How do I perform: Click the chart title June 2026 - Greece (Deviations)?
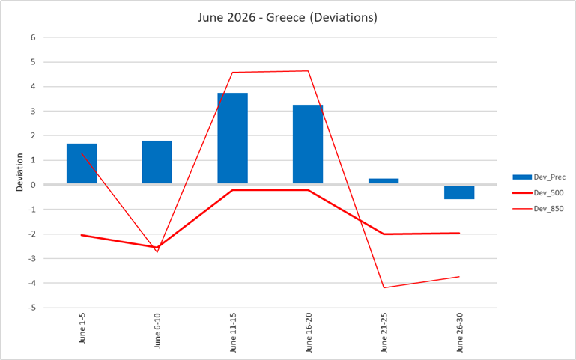click(x=288, y=18)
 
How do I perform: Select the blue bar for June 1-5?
click(x=82, y=164)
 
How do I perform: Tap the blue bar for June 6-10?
click(x=157, y=162)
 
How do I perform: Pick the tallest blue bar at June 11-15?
click(x=232, y=138)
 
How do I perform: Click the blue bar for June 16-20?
click(x=308, y=144)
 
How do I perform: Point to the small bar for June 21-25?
click(x=384, y=181)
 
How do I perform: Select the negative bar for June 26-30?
click(x=459, y=192)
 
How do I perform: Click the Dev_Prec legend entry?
click(x=539, y=177)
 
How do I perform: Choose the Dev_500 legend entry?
click(x=538, y=193)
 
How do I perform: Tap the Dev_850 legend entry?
click(x=538, y=209)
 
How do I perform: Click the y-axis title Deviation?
click(x=19, y=172)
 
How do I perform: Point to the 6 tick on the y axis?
click(x=33, y=37)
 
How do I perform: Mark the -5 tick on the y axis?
click(x=32, y=308)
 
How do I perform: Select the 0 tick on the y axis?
click(x=33, y=185)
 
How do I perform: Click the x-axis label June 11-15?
click(x=233, y=333)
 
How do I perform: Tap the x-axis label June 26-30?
click(x=460, y=333)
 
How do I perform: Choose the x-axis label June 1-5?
click(x=82, y=328)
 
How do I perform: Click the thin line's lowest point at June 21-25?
click(x=384, y=287)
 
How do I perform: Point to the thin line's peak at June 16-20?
click(x=308, y=71)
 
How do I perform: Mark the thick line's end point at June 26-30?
click(x=459, y=233)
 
